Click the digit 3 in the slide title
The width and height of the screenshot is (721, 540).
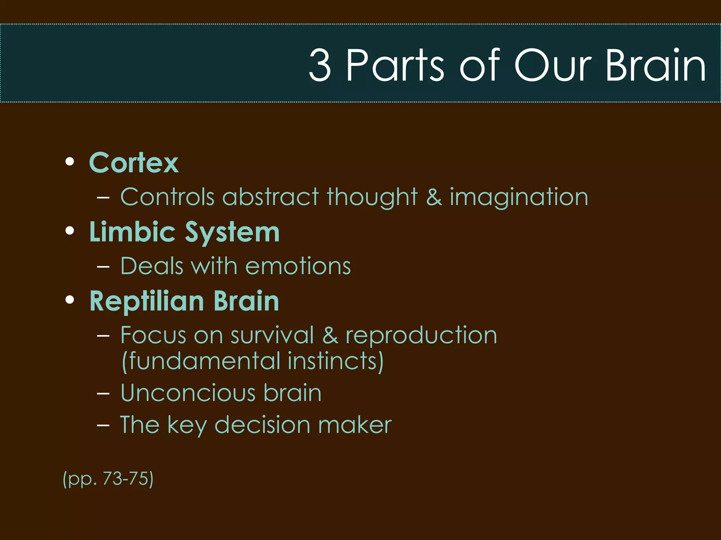coord(320,65)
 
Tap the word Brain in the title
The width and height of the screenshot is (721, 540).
coord(656,65)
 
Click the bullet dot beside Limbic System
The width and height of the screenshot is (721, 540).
coord(70,231)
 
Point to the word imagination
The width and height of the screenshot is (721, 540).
coord(519,197)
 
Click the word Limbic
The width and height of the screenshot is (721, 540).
coord(132,232)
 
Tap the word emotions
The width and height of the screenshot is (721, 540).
coord(298,266)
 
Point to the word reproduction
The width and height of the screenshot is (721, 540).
coord(421,336)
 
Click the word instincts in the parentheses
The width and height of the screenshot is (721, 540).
coord(335,361)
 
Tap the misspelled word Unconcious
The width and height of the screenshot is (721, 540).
coord(188,393)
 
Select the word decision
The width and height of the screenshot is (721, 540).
coord(262,425)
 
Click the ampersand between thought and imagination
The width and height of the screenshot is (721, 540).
coord(434,197)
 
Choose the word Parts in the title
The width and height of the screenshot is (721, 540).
coord(395,65)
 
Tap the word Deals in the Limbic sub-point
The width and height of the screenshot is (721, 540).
coord(152,266)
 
